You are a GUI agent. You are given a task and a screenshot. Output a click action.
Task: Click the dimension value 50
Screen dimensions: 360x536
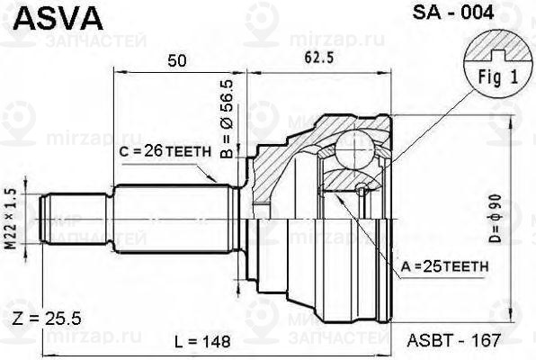(x=177, y=60)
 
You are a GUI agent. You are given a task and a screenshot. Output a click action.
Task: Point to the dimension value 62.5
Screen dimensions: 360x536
(x=317, y=60)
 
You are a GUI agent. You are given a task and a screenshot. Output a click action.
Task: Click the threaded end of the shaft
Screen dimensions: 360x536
(x=63, y=218)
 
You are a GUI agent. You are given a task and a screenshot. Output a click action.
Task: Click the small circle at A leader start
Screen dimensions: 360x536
(x=361, y=189)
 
